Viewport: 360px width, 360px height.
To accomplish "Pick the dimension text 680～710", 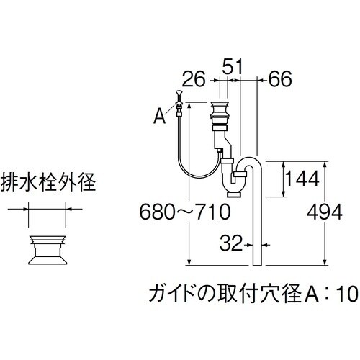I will click(x=184, y=212).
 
